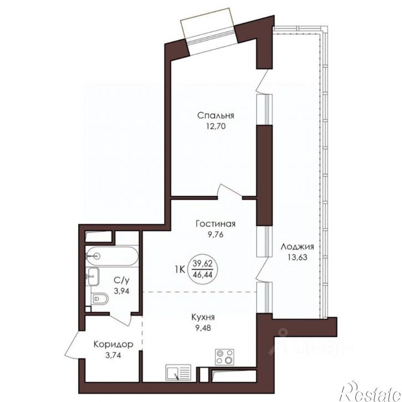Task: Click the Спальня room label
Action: click(216, 116)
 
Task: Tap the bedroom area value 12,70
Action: click(216, 126)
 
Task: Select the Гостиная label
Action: click(215, 224)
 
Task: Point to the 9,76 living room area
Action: click(216, 235)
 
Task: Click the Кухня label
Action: click(203, 318)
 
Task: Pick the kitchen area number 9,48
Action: click(203, 328)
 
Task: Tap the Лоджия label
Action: click(297, 247)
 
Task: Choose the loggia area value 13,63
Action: click(297, 257)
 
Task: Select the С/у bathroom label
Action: click(121, 281)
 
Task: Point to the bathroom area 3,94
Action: click(121, 291)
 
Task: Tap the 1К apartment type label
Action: click(180, 269)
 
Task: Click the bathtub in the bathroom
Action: click(112, 256)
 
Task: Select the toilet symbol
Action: click(100, 298)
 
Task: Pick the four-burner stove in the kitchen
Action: click(225, 357)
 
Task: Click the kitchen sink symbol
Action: click(178, 373)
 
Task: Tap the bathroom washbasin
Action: click(93, 276)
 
